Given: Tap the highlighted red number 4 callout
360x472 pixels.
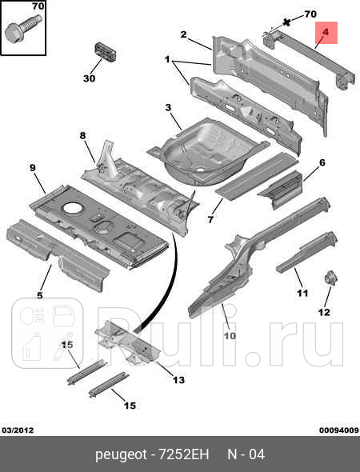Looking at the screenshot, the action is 326,32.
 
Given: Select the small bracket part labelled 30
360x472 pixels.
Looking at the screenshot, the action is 106,52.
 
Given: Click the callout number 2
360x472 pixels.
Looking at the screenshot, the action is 184,34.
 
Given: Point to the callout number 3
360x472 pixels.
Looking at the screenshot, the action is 168,107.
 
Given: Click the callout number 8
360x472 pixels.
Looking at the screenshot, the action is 82,136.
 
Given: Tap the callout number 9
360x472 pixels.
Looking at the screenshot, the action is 33,168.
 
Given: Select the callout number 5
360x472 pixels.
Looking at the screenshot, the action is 40,295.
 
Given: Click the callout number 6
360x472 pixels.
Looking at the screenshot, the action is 322,162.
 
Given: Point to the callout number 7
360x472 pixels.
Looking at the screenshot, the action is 210,219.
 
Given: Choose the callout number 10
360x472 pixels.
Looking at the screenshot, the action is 230,336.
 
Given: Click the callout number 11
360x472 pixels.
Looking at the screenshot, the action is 302,293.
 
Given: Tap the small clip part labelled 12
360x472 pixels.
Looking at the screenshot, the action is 331,278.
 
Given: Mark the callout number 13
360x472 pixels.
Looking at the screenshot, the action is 178,380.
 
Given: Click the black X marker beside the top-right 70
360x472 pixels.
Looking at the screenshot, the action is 287,22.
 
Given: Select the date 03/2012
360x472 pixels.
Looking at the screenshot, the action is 18,430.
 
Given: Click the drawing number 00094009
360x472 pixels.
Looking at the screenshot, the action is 339,430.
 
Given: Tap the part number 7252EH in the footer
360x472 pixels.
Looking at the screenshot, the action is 183,454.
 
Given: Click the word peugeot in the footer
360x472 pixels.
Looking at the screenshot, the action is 122,455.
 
